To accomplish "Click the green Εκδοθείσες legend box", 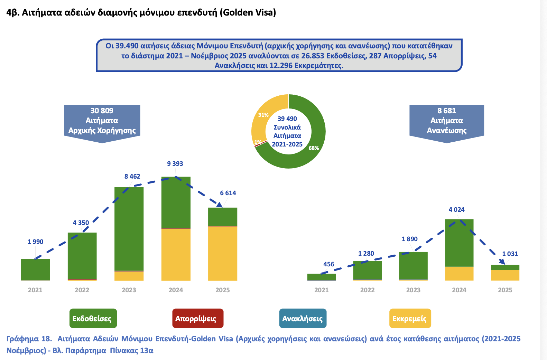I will (x=93, y=318).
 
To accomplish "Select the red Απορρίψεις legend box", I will (x=198, y=318).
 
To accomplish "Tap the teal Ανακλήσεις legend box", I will (x=303, y=318).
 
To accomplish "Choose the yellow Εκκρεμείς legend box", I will (x=410, y=318).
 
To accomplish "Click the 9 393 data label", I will (x=175, y=164).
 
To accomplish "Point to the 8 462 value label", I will (x=132, y=177).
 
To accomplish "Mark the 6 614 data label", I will (x=228, y=193).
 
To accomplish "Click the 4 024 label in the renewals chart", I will (x=456, y=210).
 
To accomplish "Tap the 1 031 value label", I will (x=510, y=254).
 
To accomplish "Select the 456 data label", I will (x=328, y=264).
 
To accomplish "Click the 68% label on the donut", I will (x=314, y=148).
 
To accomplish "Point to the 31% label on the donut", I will (x=263, y=115).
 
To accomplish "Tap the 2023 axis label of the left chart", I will (x=129, y=290).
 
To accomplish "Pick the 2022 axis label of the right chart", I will (x=367, y=290).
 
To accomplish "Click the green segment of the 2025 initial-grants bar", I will (x=223, y=217).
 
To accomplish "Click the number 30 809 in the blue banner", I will (x=102, y=111).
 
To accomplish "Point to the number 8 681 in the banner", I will (x=446, y=111).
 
